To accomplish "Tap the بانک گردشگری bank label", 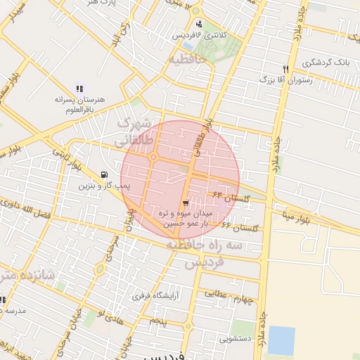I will coord(326,63).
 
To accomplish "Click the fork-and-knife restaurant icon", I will coord(285,69).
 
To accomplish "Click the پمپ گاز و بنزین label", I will coord(95,186).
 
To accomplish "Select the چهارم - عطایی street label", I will coord(227,296).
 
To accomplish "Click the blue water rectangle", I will coord(281,340).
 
